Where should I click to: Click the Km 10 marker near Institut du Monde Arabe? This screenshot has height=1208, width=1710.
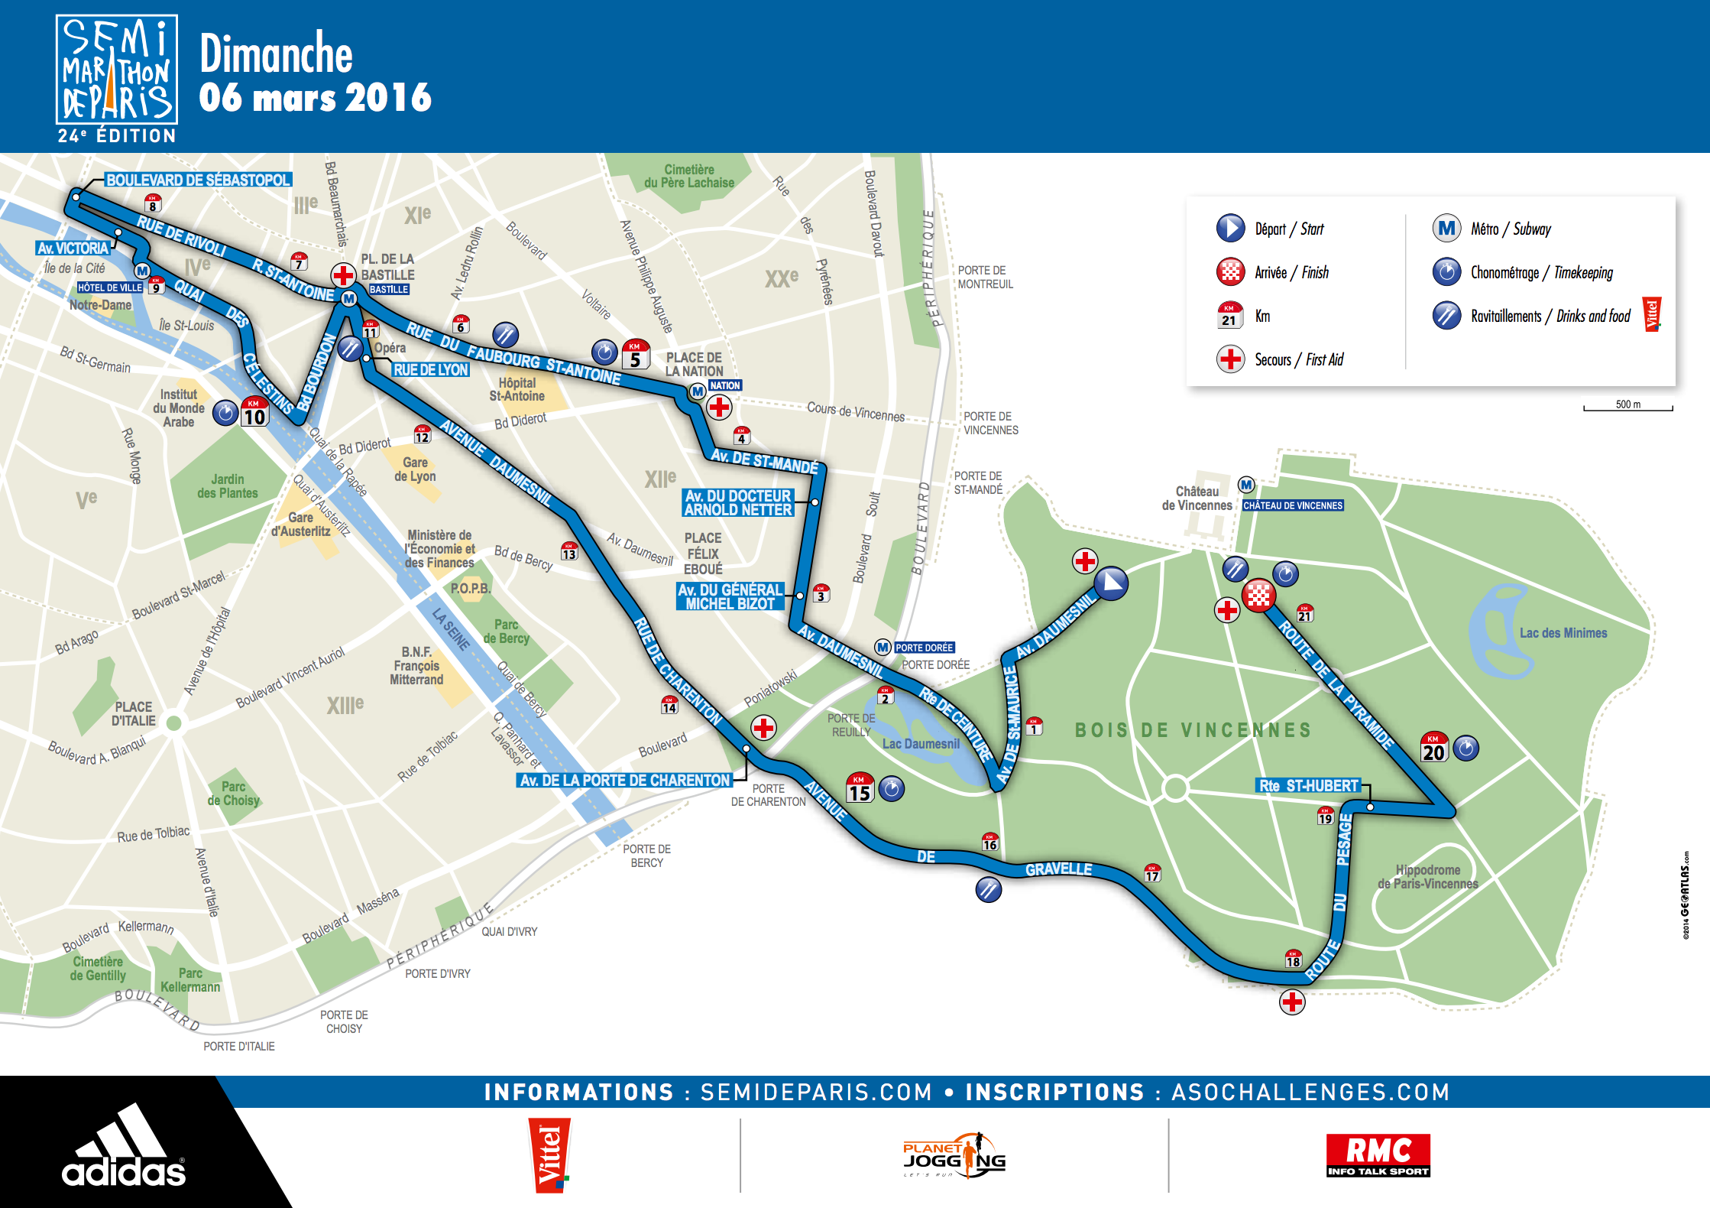tap(254, 413)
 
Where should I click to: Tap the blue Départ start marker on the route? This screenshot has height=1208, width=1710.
tap(1111, 583)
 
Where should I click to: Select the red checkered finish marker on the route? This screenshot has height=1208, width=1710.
tap(1258, 595)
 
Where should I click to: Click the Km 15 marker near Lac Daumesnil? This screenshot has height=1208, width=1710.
tap(860, 788)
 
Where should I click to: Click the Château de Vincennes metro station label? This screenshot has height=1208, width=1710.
tap(1292, 505)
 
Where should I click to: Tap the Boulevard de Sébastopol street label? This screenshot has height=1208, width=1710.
tap(198, 180)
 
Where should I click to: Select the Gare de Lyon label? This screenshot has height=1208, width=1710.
tap(415, 469)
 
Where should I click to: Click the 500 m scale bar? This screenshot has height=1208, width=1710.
tap(1627, 406)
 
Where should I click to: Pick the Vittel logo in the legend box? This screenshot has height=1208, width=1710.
tap(1651, 314)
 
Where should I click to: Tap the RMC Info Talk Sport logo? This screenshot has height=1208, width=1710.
tap(1378, 1155)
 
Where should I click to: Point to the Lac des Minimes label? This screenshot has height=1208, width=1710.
tap(1563, 633)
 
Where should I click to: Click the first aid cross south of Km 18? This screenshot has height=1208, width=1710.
tap(1292, 1002)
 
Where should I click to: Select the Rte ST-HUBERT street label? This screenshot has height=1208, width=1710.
tap(1308, 785)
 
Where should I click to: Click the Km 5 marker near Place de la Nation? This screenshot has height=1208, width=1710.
tap(636, 355)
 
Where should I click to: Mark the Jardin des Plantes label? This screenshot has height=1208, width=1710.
tap(228, 486)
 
